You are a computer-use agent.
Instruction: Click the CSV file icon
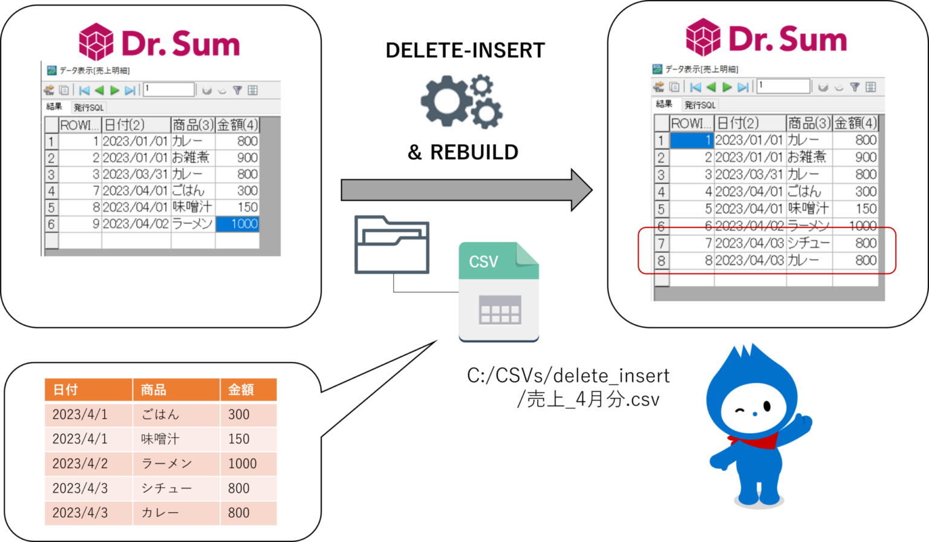[498, 292]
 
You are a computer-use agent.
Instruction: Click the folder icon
[391, 245]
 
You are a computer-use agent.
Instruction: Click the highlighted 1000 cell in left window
[238, 224]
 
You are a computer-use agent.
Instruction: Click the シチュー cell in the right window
[809, 243]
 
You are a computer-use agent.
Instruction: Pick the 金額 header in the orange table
[248, 390]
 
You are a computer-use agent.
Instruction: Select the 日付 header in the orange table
[88, 390]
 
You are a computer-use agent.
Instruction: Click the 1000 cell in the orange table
[248, 463]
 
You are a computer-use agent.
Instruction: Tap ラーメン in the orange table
[175, 463]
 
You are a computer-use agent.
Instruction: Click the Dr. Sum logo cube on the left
[96, 42]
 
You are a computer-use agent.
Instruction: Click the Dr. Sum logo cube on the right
[703, 38]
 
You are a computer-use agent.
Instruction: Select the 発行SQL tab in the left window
[89, 108]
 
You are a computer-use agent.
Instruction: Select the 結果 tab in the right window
[664, 104]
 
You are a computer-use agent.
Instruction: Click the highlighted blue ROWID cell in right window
[692, 140]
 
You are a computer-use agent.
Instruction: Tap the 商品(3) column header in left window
[193, 125]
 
